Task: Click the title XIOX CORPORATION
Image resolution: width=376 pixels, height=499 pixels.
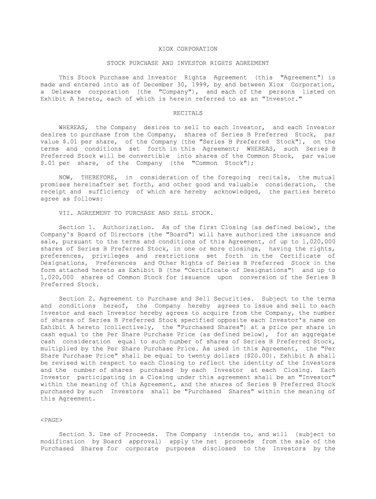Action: [x=188, y=49]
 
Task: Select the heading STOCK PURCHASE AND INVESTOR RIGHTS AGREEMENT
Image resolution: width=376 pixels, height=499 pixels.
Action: [x=188, y=63]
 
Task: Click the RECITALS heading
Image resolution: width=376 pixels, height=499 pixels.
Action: [x=188, y=113]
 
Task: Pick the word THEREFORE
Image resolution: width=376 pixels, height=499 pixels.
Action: [x=97, y=177]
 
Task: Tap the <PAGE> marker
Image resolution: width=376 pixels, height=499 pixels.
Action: [x=51, y=420]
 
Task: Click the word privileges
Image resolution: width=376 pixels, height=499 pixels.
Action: [x=110, y=256]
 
